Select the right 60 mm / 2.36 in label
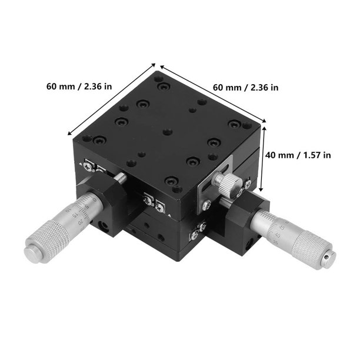[x=245, y=87]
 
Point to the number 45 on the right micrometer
[x=282, y=226]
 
